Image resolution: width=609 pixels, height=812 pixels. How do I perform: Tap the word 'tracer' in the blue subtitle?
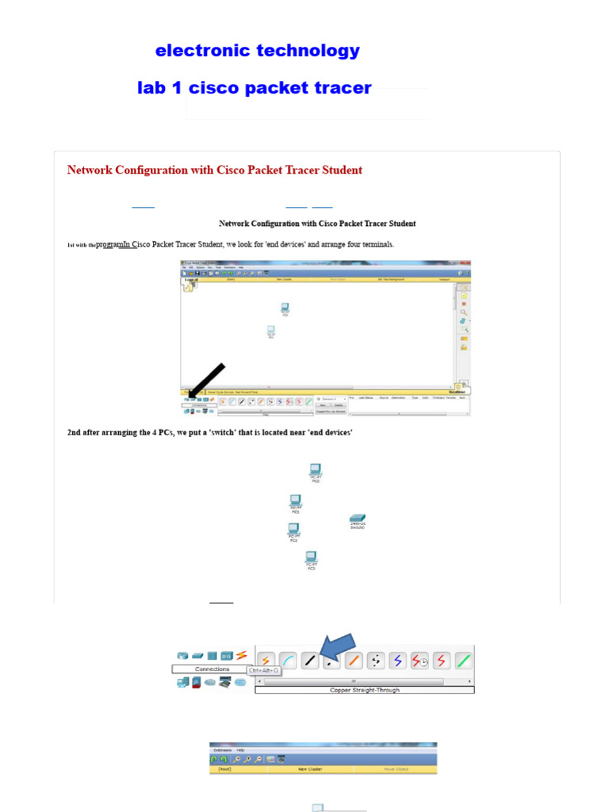click(x=344, y=88)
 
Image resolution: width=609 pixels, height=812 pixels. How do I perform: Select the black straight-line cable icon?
click(x=310, y=661)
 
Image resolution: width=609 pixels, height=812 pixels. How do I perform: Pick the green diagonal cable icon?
click(x=465, y=661)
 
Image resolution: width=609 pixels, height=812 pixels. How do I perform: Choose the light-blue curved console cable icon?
click(x=288, y=661)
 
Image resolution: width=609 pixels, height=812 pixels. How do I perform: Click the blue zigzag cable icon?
click(x=398, y=661)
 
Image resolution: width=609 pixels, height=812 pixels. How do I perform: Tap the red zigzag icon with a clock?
click(x=420, y=661)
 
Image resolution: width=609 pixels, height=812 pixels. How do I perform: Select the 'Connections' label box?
click(x=212, y=669)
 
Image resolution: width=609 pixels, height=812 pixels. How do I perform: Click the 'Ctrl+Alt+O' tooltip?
click(x=263, y=671)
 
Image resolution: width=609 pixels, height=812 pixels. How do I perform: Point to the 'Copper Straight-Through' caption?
click(x=365, y=690)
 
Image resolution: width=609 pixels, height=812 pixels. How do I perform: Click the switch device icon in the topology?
click(x=357, y=520)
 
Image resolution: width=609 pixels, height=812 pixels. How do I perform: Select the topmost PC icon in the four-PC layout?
click(x=316, y=471)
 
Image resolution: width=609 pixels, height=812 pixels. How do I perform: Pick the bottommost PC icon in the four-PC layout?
click(x=312, y=558)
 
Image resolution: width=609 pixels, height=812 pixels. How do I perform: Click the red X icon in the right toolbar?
click(x=464, y=303)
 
